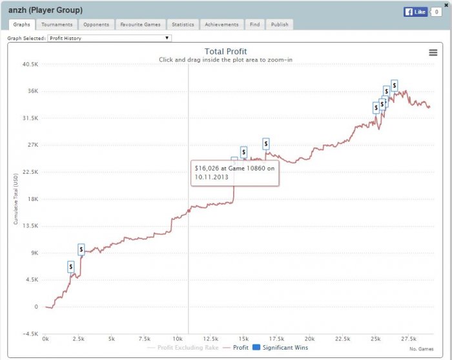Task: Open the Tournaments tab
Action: click(x=57, y=25)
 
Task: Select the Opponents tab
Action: click(x=96, y=25)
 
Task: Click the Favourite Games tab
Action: click(x=141, y=25)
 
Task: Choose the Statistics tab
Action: click(x=183, y=25)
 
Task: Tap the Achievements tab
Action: click(x=221, y=25)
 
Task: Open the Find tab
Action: click(x=254, y=25)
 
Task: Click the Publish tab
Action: click(x=280, y=25)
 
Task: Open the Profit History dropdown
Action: click(x=127, y=38)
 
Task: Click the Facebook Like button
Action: click(x=416, y=12)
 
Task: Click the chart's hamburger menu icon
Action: click(x=433, y=52)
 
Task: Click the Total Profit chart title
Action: click(x=225, y=52)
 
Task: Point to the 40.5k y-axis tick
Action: click(x=30, y=64)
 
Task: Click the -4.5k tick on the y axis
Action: click(x=30, y=334)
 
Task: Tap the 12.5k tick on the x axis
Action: click(x=211, y=339)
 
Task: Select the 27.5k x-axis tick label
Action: click(x=409, y=339)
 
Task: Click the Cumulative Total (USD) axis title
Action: click(x=15, y=200)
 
